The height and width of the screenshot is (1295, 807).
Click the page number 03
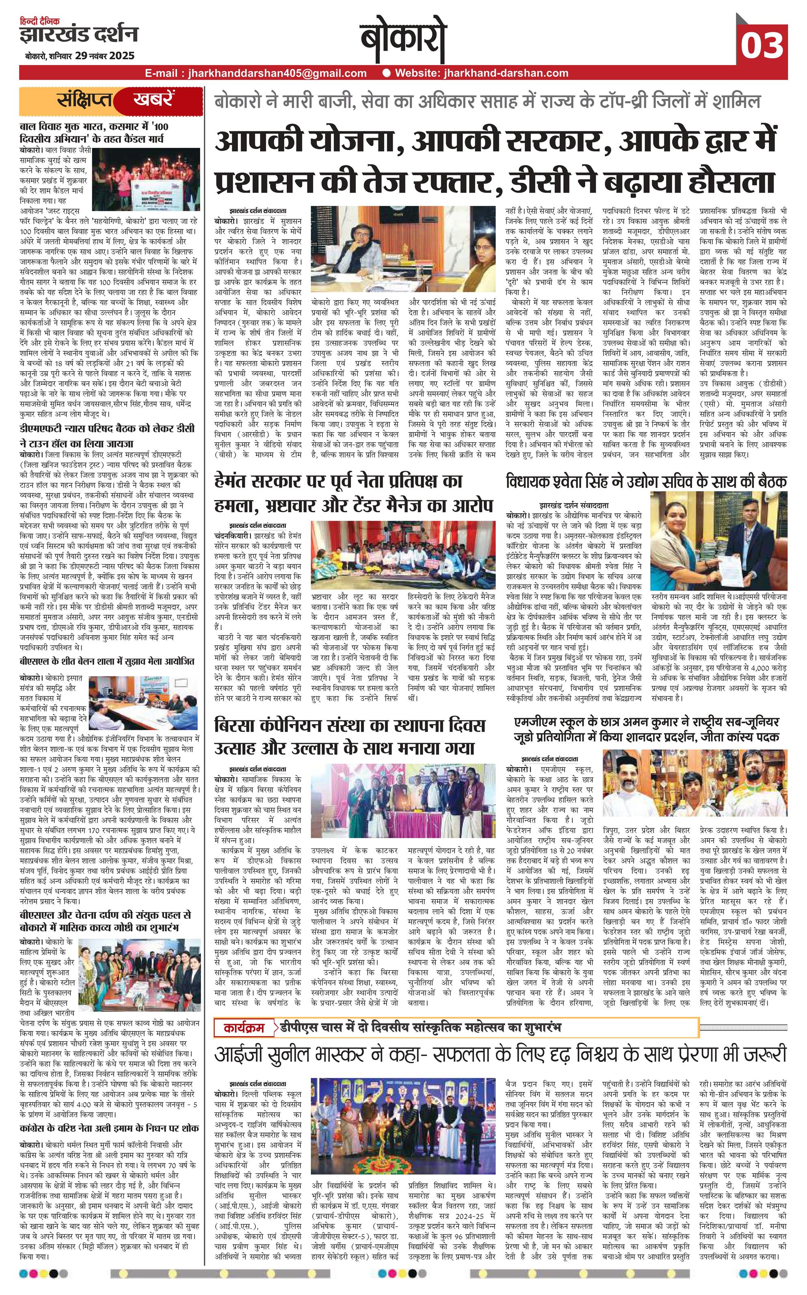pyautogui.click(x=764, y=45)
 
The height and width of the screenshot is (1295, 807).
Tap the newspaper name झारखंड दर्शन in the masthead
pyautogui.click(x=78, y=34)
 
